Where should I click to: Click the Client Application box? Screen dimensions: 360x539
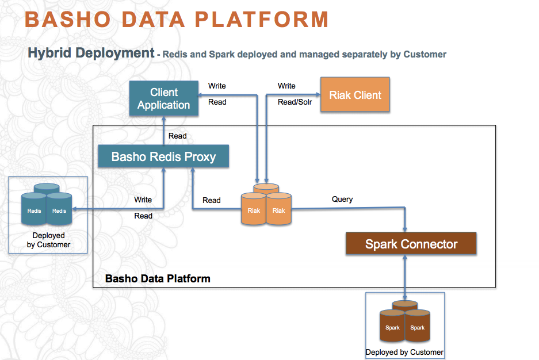[164, 99]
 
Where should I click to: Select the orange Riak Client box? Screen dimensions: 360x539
[355, 95]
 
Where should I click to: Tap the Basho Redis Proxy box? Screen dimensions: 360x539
[163, 157]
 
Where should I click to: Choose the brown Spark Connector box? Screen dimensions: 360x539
[411, 244]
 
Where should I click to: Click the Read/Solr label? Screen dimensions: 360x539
[295, 102]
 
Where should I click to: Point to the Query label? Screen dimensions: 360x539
[342, 200]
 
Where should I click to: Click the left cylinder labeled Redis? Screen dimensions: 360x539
[35, 211]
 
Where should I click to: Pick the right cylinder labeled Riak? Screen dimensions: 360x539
[279, 210]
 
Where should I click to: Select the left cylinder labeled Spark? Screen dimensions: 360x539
[392, 328]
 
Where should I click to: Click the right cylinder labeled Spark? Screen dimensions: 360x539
[418, 328]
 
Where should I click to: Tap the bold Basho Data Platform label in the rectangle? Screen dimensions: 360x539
[158, 279]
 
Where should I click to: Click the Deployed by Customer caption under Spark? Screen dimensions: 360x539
[404, 352]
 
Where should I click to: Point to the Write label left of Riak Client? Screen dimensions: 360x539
[286, 86]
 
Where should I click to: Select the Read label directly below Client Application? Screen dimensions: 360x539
[177, 136]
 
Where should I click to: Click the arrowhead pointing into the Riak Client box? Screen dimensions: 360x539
[318, 94]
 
